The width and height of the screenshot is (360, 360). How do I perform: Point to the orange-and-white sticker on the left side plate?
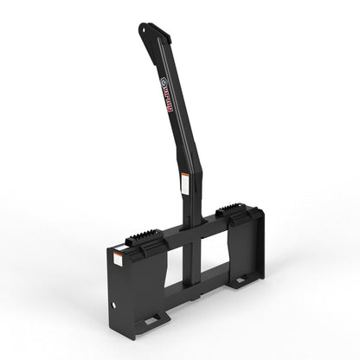coord(116,257)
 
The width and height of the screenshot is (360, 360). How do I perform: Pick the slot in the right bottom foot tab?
coord(247,280)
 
